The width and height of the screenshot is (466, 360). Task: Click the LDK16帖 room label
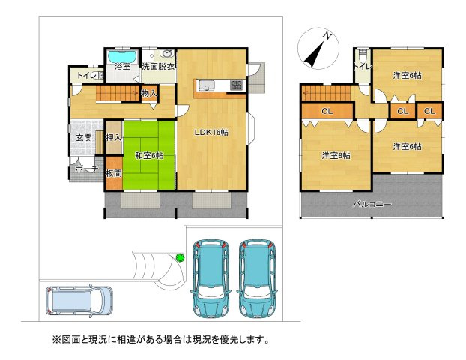[x=211, y=133]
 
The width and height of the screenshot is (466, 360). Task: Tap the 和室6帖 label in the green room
[x=149, y=156]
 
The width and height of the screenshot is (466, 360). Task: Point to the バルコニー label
[x=372, y=203]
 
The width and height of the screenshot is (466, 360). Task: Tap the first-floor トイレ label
[x=85, y=75]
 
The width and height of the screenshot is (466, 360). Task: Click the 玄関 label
[x=83, y=138]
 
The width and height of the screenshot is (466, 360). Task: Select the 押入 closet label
[x=114, y=137]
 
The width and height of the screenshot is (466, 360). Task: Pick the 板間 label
[x=113, y=174]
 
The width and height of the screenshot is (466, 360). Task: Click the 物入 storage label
[x=149, y=94]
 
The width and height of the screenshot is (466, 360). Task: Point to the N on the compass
[x=327, y=35]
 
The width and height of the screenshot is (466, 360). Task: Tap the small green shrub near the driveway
[x=180, y=258]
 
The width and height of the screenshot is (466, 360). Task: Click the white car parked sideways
[x=79, y=301]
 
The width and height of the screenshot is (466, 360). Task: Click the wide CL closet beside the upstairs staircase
[x=327, y=112]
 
